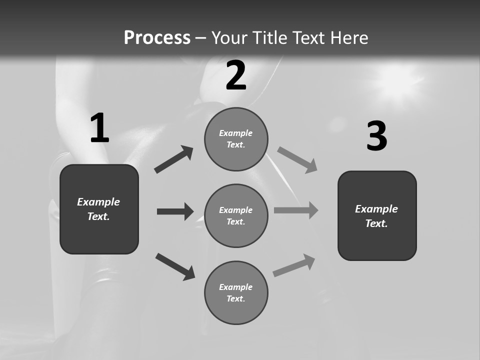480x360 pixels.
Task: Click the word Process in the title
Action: [x=157, y=38]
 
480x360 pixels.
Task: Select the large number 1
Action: [x=99, y=128]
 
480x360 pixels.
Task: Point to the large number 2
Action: [x=236, y=75]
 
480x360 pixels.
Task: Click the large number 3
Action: [x=376, y=136]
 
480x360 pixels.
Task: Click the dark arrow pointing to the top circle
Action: [x=174, y=159]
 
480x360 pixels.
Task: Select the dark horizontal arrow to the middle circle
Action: [x=175, y=211]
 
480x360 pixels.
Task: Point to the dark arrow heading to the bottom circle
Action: [x=175, y=266]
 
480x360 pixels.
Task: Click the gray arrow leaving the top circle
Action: [x=297, y=159]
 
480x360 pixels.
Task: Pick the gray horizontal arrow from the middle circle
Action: [x=296, y=210]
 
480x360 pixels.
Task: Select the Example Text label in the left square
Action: [x=98, y=209]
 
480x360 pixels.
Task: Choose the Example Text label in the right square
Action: [x=376, y=216]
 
